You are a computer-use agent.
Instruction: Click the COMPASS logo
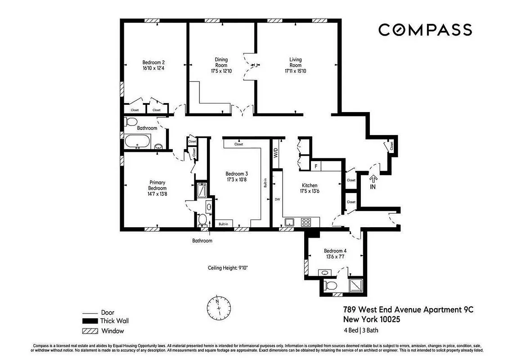[424, 30]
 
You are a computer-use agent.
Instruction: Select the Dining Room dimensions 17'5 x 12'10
[221, 71]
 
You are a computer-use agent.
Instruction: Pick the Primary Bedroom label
[158, 185]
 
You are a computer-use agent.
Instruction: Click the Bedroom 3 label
[236, 174]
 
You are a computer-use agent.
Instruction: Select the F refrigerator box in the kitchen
[316, 166]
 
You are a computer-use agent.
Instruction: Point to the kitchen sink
[289, 222]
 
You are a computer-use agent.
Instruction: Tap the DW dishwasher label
[278, 198]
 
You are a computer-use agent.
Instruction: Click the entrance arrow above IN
[373, 179]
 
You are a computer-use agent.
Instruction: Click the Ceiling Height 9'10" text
[228, 267]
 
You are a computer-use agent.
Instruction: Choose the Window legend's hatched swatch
[90, 331]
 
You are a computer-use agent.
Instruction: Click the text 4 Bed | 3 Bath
[360, 330]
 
